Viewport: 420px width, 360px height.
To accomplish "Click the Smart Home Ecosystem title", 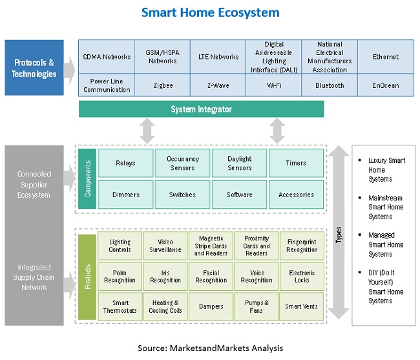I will [x=210, y=12].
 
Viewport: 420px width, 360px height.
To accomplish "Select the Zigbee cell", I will [x=162, y=85].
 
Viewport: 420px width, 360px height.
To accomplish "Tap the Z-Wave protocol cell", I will [x=218, y=85].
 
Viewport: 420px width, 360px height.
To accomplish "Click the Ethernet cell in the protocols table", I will [x=385, y=57].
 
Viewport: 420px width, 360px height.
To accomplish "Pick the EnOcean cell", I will [x=385, y=85].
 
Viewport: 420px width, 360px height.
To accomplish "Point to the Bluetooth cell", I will [x=330, y=85].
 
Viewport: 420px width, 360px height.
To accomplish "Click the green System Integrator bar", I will [x=201, y=109].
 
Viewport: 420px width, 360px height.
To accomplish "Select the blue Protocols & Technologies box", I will [x=34, y=68].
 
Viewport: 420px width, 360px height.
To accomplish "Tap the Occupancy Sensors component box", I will [x=182, y=163].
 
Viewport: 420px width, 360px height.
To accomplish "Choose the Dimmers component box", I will [x=125, y=195].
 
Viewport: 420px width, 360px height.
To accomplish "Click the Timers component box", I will [x=296, y=163].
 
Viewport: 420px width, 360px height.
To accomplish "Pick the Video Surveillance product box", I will [x=165, y=246].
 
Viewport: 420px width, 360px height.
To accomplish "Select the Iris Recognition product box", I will [x=165, y=277].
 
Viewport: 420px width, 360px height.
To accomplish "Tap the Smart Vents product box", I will [x=302, y=307].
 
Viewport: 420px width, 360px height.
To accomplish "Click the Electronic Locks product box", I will [x=302, y=277].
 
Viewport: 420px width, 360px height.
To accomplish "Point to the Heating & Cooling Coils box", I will [x=165, y=307].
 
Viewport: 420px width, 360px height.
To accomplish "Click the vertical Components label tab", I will [x=88, y=179].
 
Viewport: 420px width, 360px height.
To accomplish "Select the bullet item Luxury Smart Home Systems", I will [x=386, y=169].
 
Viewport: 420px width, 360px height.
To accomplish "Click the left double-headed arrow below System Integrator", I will [x=147, y=131].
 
